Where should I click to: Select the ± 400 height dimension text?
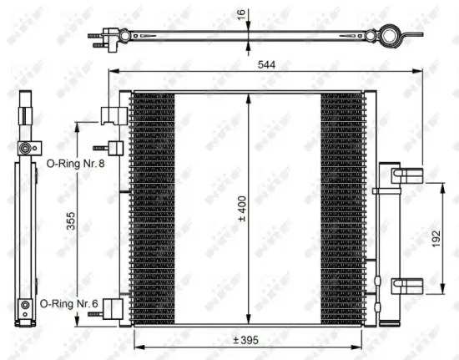tap(240, 208)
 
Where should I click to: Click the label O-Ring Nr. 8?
tap(74, 163)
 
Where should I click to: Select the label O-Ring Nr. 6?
tap(68, 304)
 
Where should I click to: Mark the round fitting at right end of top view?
tap(388, 36)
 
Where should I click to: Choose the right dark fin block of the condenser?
tap(342, 208)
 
